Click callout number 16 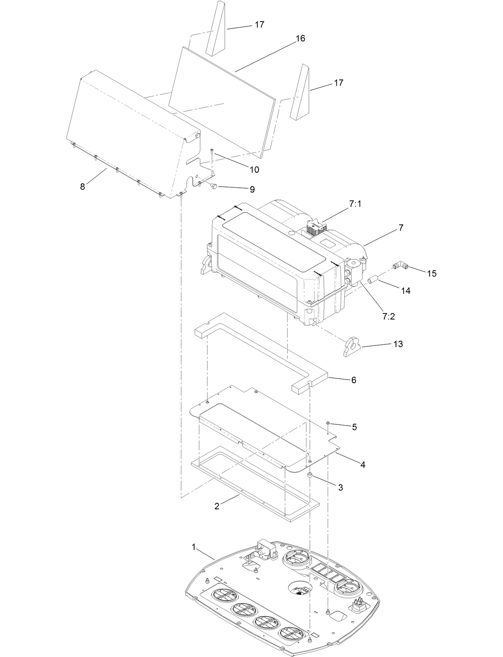click(300, 38)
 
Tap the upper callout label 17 click(260, 25)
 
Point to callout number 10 click(254, 170)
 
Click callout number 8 click(82, 187)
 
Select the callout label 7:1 click(355, 204)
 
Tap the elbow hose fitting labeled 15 click(400, 265)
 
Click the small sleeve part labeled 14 click(373, 279)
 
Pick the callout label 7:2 click(388, 316)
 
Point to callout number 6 click(354, 380)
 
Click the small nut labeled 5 click(328, 423)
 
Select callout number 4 click(362, 465)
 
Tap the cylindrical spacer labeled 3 click(310, 476)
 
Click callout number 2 click(217, 506)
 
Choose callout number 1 click(194, 547)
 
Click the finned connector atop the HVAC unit click(317, 228)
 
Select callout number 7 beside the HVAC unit click(400, 228)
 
